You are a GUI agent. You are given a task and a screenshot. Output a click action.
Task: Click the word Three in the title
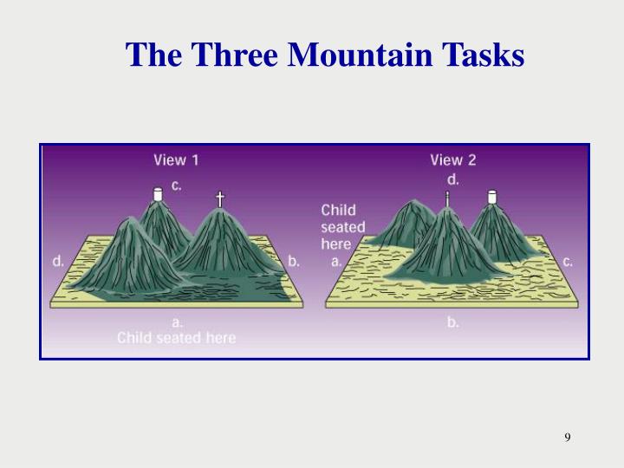[x=236, y=55]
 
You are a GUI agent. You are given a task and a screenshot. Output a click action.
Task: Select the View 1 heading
[x=176, y=159]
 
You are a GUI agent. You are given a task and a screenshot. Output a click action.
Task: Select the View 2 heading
[x=452, y=159]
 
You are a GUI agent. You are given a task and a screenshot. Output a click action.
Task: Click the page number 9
[x=568, y=436]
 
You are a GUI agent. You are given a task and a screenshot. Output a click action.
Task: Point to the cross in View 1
[x=219, y=199]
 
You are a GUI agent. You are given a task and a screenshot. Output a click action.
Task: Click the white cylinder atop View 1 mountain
[x=158, y=194]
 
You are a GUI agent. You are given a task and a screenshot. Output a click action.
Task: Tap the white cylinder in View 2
[x=492, y=198]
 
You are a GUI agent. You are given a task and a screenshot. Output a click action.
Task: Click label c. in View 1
[x=177, y=184]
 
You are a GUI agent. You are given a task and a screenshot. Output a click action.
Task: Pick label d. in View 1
[x=58, y=259]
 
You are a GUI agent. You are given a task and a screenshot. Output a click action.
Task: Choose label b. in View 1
[x=294, y=259]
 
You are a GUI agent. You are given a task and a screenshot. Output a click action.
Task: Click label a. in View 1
[x=177, y=322]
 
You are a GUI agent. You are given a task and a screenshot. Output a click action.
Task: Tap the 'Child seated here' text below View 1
[x=177, y=337]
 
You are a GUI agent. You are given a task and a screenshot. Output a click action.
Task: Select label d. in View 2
[x=453, y=179]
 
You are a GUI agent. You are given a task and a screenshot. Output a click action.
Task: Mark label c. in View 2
[x=568, y=259]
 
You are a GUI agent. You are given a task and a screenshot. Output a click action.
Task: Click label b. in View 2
[x=453, y=322]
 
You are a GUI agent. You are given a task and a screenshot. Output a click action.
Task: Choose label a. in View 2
[x=336, y=259]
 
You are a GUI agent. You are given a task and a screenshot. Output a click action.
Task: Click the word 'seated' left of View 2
[x=343, y=227]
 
